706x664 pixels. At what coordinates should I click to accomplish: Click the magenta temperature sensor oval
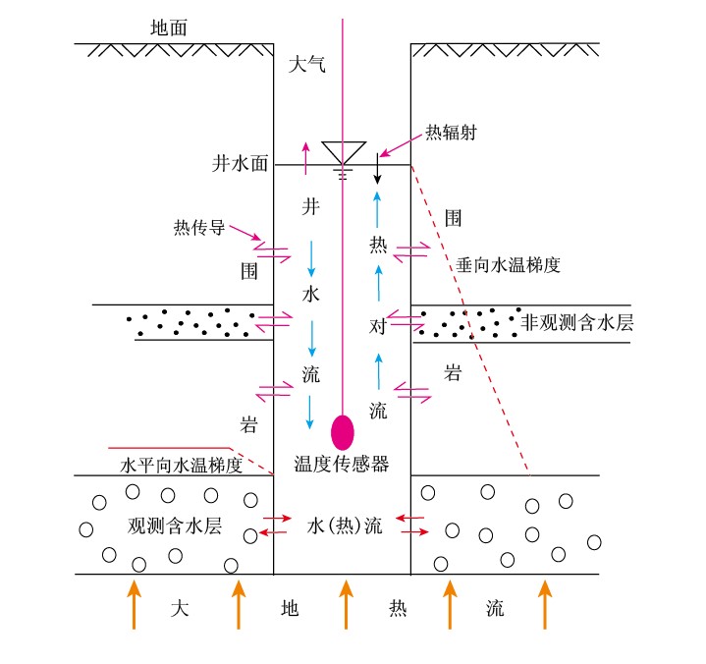(343, 432)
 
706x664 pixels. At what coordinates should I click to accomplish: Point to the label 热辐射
(451, 133)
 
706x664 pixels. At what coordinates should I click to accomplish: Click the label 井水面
(240, 164)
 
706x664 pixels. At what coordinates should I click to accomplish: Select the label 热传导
(199, 227)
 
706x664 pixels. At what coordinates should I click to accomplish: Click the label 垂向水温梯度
(508, 264)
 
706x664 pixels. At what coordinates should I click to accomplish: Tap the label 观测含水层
(175, 525)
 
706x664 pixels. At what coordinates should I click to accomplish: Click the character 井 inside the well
(310, 207)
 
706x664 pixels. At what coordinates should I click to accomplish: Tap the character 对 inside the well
(378, 325)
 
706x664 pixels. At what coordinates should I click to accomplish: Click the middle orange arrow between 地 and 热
(344, 603)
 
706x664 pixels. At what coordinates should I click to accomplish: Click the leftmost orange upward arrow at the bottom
(135, 603)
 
